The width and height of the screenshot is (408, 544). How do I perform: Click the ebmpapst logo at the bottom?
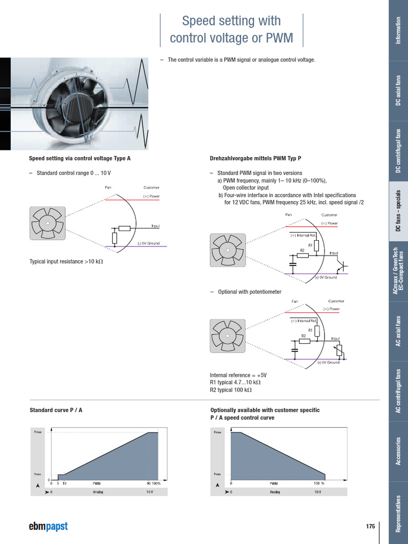[48, 526]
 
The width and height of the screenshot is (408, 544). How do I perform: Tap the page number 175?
[370, 526]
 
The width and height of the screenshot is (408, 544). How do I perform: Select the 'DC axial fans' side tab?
[398, 90]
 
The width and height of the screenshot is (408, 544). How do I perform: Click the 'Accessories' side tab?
[398, 451]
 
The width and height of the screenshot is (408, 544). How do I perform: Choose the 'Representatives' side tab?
[398, 513]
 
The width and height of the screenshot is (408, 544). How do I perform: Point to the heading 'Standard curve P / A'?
[56, 410]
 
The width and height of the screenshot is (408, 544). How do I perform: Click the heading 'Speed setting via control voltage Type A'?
[79, 158]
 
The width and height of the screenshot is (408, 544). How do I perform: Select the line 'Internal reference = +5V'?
[238, 375]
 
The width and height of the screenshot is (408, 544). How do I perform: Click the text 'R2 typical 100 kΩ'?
[231, 390]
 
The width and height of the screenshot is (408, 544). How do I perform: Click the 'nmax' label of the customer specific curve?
[217, 432]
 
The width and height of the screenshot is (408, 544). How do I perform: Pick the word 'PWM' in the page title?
[280, 38]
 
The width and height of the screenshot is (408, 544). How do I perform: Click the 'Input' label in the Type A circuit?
[156, 226]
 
